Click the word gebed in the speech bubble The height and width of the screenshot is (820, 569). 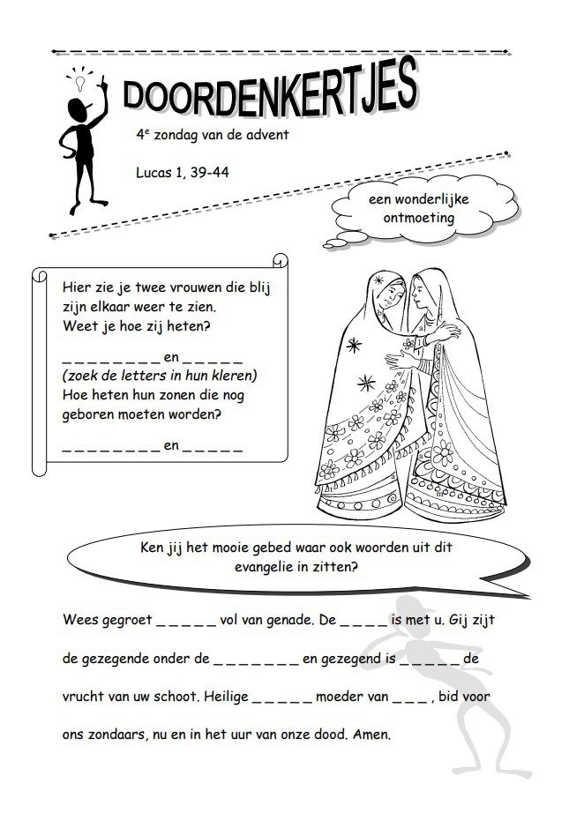click(278, 547)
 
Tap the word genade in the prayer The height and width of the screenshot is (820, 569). click(291, 620)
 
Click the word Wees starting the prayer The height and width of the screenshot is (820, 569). click(81, 620)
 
